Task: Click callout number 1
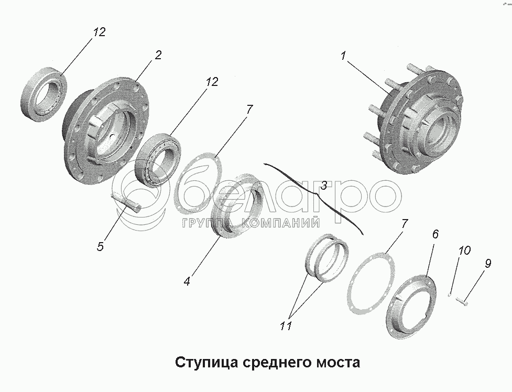344,56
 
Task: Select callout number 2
157,55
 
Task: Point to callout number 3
324,185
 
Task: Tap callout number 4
187,280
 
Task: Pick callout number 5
100,246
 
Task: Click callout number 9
487,263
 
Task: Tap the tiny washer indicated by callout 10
450,294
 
